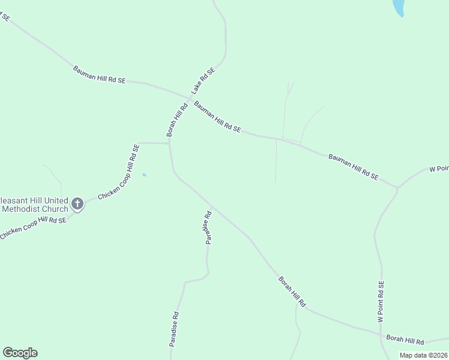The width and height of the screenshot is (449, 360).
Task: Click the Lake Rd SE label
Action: point(203,81)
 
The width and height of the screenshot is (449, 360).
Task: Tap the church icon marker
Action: point(77,204)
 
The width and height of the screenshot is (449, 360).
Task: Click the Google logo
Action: point(20,353)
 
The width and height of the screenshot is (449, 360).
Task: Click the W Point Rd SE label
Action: point(381,303)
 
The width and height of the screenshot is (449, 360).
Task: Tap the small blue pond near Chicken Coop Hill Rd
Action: point(143,175)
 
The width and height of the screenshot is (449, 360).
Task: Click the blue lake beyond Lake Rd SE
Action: point(398,7)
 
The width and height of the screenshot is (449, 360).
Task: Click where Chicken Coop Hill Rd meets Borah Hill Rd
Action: point(169,143)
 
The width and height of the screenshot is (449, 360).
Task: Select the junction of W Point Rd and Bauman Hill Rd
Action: point(397,187)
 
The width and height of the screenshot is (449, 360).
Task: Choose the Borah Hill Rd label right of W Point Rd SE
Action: point(405,340)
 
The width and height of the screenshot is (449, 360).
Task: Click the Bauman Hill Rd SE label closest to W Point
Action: point(354,167)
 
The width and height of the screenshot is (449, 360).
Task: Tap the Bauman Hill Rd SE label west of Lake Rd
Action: point(100,74)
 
